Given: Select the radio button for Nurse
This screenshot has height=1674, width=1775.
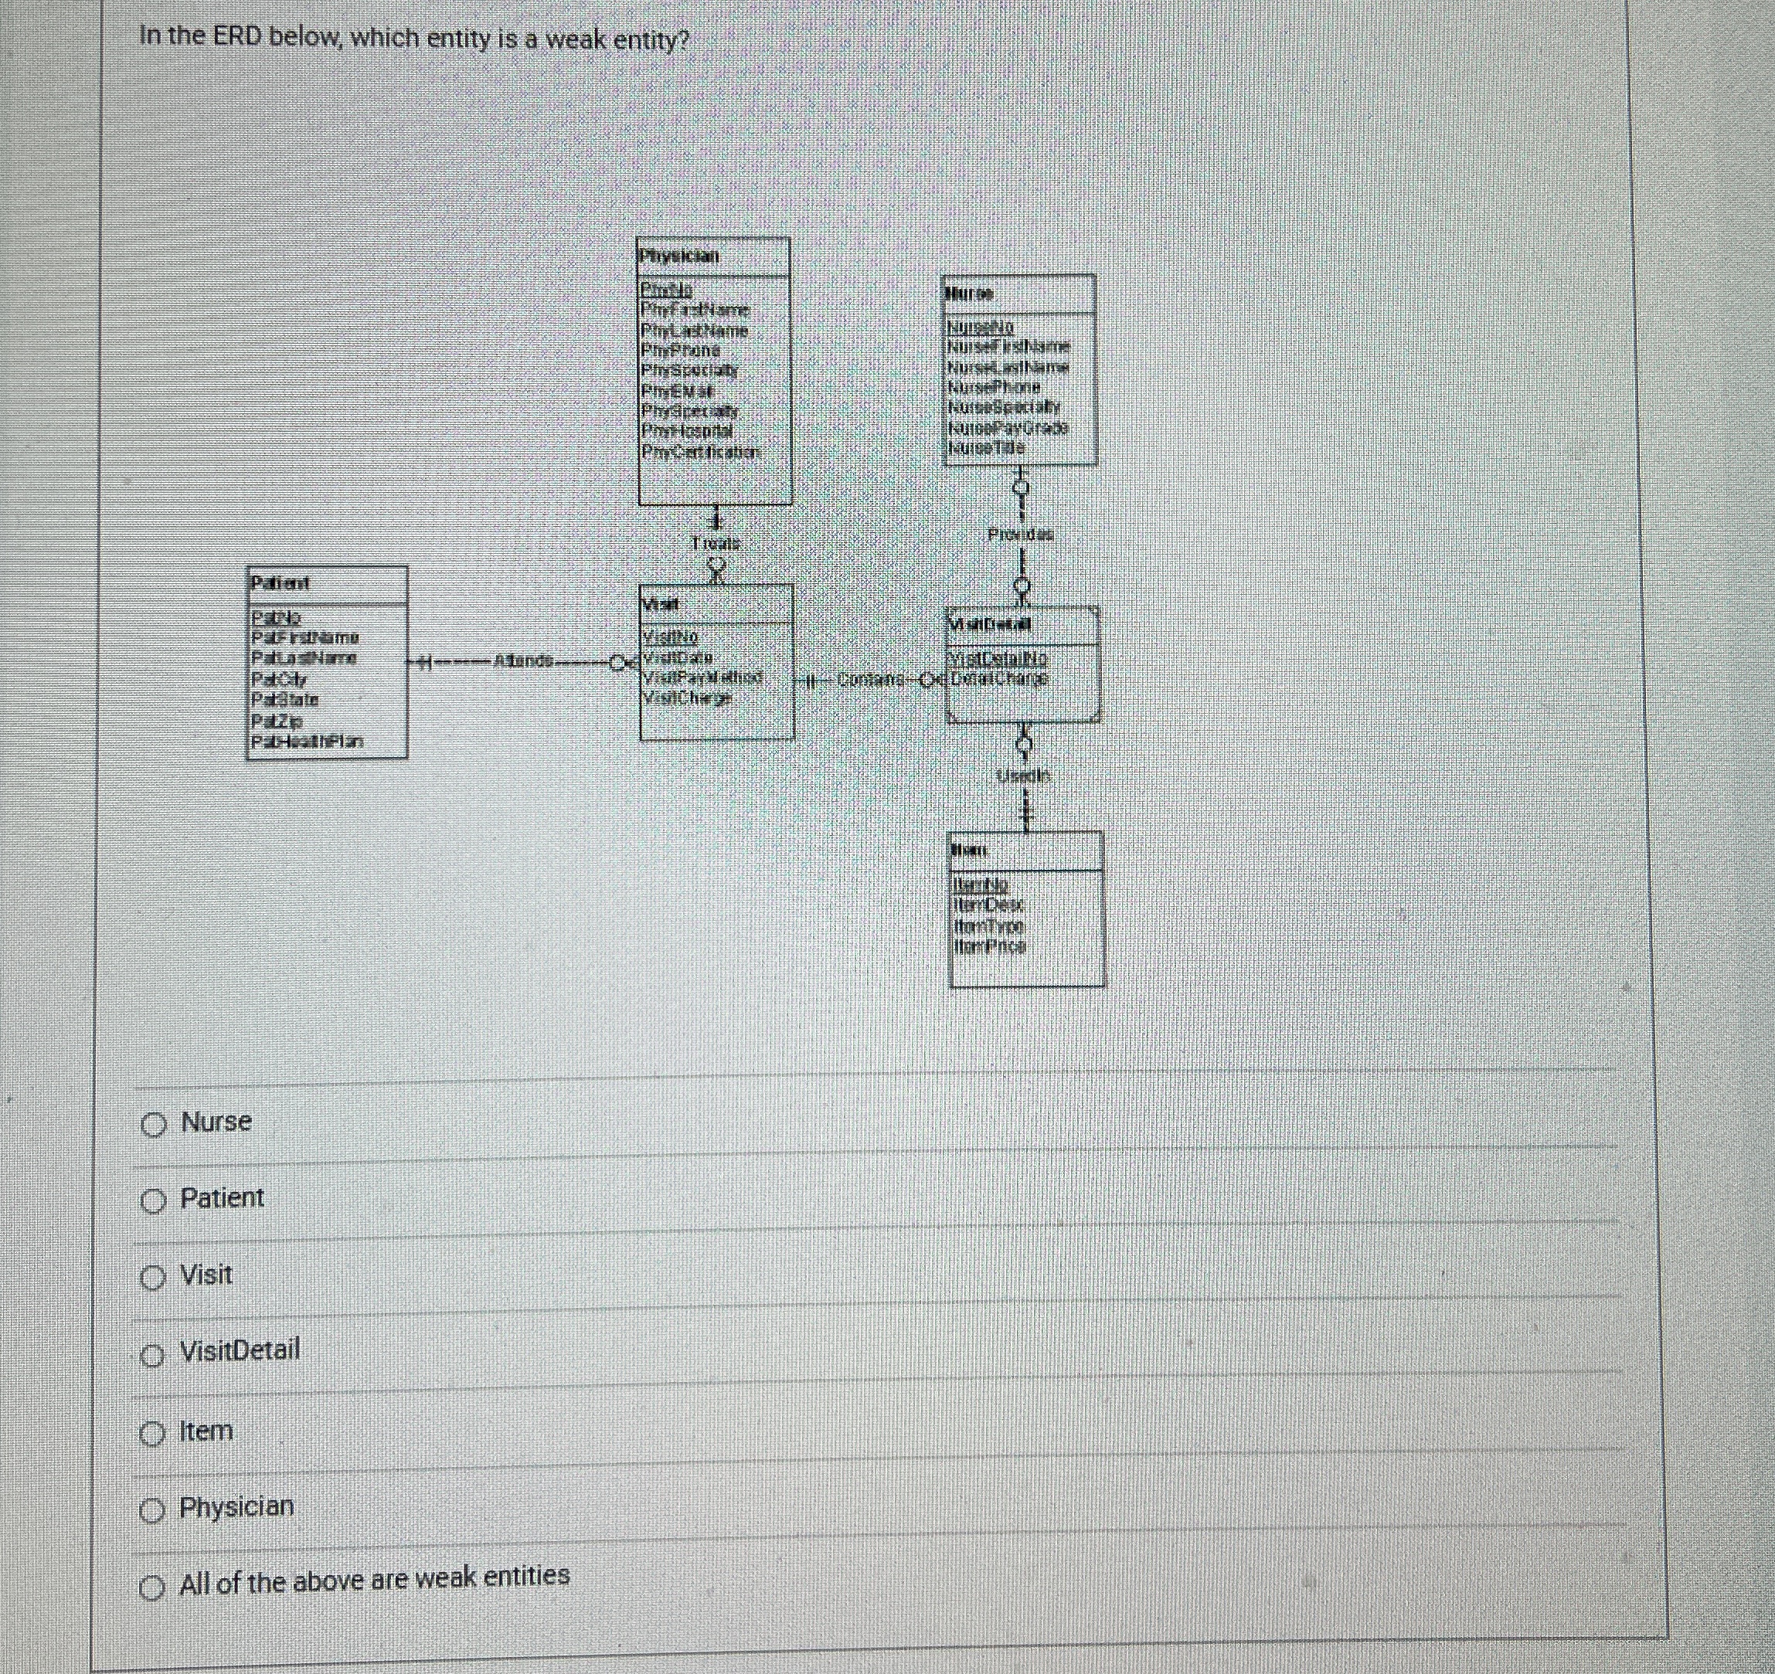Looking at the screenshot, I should (x=154, y=1126).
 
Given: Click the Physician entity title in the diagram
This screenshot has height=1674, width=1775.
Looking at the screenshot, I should (x=678, y=256).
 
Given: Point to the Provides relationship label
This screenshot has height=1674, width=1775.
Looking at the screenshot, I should (x=1021, y=535).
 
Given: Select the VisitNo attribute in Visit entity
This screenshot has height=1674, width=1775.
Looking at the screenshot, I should (x=671, y=637).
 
